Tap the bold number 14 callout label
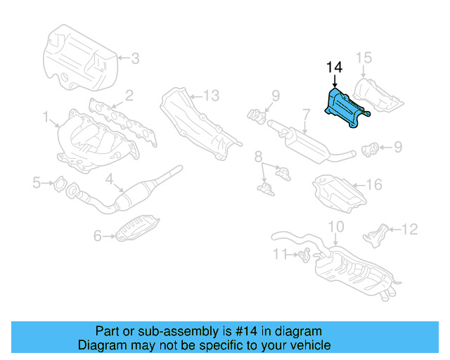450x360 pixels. click(x=334, y=67)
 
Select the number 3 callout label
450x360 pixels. click(x=135, y=58)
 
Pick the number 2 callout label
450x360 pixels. click(x=129, y=95)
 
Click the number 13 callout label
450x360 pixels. click(x=211, y=95)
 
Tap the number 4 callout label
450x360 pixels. click(x=110, y=179)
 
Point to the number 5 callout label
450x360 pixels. click(x=37, y=184)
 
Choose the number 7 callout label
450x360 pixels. click(x=307, y=112)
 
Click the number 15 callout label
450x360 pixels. click(x=362, y=57)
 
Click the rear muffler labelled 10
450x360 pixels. click(x=352, y=271)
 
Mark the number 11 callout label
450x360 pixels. click(x=280, y=254)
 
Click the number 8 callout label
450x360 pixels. click(x=258, y=155)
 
